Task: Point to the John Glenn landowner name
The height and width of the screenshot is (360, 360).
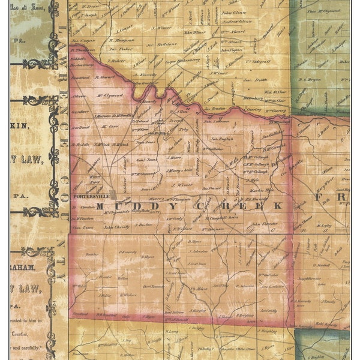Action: tap(234, 12)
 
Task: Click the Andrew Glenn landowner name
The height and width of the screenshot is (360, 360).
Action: tap(236, 21)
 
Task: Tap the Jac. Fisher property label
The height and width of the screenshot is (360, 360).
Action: tap(120, 49)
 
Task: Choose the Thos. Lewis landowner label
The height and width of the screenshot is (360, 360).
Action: tap(83, 228)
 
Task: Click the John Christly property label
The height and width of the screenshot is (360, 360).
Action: tap(116, 228)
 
